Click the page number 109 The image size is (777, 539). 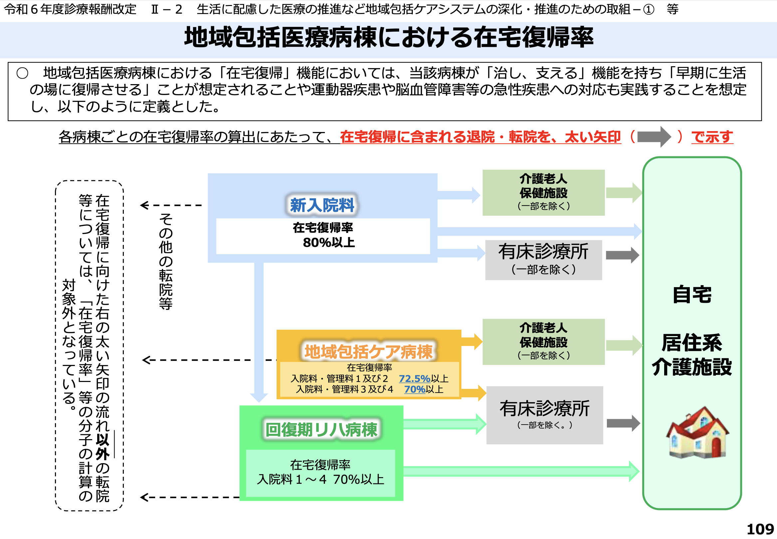tap(760, 529)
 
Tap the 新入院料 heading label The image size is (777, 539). tap(322, 205)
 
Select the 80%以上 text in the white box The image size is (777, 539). tap(328, 243)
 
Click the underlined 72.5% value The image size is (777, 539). tap(414, 378)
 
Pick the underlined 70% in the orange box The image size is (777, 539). tap(414, 389)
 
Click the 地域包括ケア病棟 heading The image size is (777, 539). tap(368, 352)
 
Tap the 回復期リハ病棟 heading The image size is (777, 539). tap(321, 430)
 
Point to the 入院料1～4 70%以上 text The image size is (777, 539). tap(320, 479)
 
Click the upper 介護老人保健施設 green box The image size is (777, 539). tap(543, 193)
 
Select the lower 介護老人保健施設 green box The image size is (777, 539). tap(543, 341)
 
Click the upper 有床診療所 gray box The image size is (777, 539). tap(543, 260)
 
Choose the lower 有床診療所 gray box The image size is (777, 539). tap(544, 415)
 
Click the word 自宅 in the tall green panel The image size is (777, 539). tap(692, 294)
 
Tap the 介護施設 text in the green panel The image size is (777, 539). tap(692, 367)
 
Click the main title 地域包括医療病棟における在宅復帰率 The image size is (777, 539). tap(388, 37)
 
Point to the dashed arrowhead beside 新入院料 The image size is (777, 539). tap(144, 205)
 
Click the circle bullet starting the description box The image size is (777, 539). tap(22, 73)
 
